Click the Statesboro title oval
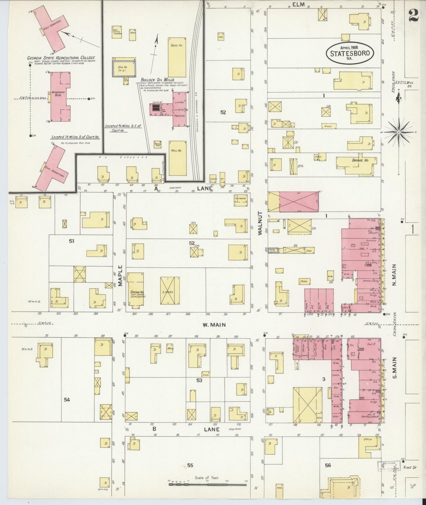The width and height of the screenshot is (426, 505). point(350,53)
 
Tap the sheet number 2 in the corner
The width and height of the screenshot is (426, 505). point(414,14)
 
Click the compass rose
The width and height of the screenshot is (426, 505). point(399,132)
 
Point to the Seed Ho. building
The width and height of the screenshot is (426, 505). point(177,57)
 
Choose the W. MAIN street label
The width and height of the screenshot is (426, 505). point(214,325)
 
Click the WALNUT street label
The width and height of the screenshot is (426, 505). point(260,223)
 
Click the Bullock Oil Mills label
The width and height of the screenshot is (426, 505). point(157,80)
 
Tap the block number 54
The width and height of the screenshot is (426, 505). point(67,400)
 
